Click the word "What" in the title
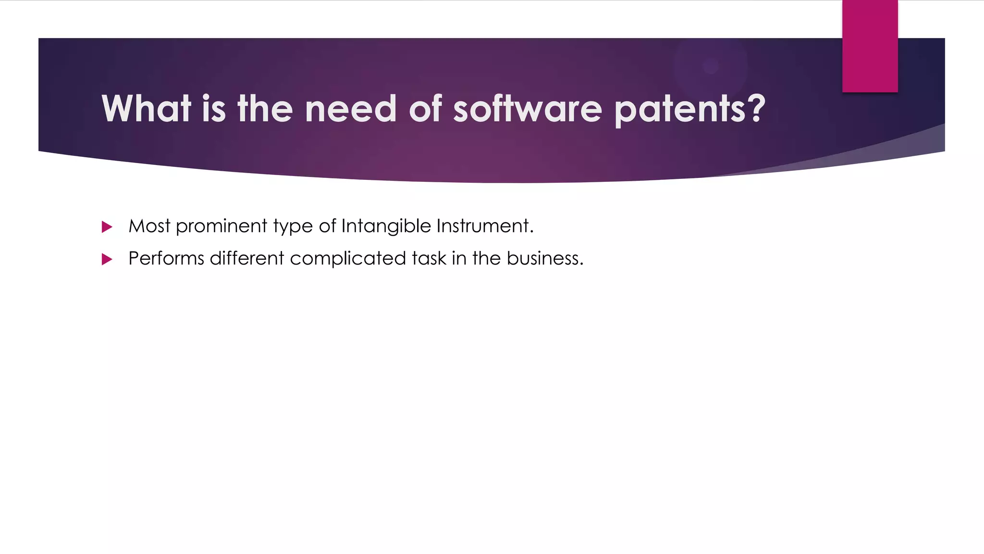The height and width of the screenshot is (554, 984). click(147, 109)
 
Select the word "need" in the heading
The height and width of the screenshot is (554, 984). click(351, 109)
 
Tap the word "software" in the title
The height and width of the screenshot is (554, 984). click(527, 109)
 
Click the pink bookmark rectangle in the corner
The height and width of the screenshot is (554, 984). click(870, 46)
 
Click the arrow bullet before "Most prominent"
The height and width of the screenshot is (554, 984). click(107, 227)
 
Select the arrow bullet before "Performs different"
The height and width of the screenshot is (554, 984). click(107, 260)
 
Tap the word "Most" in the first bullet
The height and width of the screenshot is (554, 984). click(149, 226)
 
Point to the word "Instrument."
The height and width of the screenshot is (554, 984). click(485, 226)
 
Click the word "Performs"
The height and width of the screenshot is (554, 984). click(166, 259)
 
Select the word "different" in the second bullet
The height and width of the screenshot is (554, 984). click(247, 259)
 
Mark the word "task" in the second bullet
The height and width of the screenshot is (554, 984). click(429, 259)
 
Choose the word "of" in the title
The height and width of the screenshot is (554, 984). click(425, 109)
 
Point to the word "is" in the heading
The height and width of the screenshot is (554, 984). click(214, 109)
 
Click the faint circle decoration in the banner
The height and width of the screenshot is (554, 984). click(710, 66)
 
